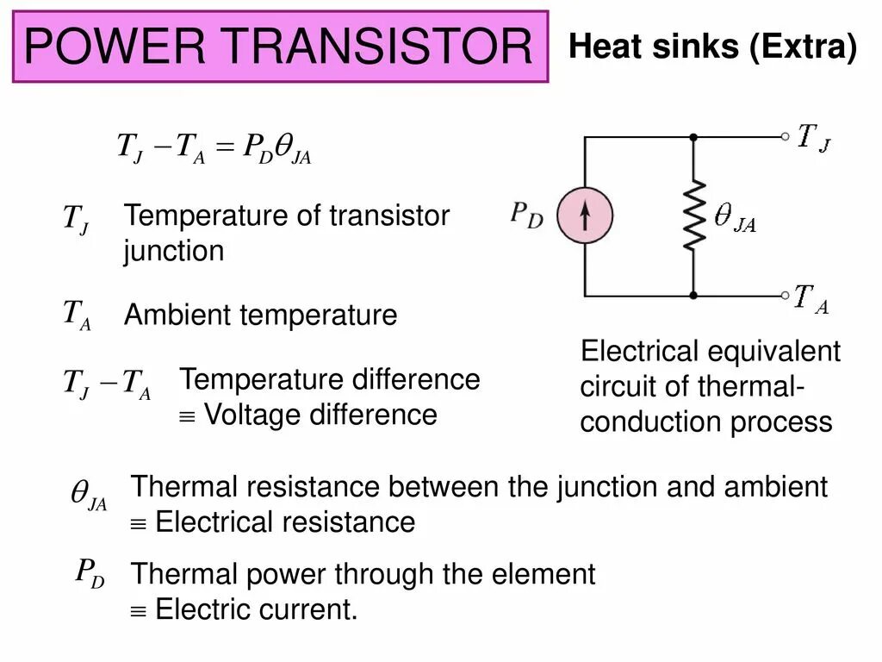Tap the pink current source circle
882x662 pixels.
pyautogui.click(x=584, y=216)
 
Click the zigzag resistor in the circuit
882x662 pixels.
pyautogui.click(x=693, y=216)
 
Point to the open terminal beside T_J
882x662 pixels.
pyautogui.click(x=784, y=136)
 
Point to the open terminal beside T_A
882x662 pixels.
pyautogui.click(x=784, y=296)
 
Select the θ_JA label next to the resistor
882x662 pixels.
pyautogui.click(x=735, y=218)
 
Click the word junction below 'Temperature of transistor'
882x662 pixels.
pyautogui.click(x=173, y=252)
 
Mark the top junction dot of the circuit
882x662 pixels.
pyautogui.click(x=693, y=136)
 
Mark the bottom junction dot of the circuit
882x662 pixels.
pyautogui.click(x=693, y=296)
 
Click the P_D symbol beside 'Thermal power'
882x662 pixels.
pyautogui.click(x=90, y=573)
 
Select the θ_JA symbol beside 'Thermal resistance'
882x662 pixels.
pyautogui.click(x=88, y=496)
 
